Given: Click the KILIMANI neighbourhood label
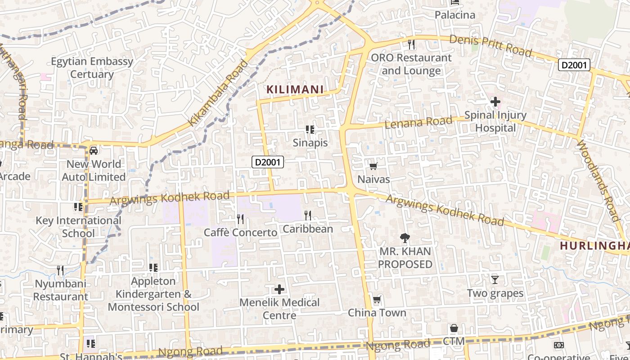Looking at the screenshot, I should click(295, 90).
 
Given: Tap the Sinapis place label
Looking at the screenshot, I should click(310, 143).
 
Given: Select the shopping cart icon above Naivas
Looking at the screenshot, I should click(373, 166).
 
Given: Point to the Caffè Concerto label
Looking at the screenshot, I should click(240, 233).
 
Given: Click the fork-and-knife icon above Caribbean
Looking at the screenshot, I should click(308, 216).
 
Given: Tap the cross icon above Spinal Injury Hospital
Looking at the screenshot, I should click(495, 102).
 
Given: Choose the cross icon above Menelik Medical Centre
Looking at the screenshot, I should click(279, 289).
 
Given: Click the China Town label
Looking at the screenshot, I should click(377, 313).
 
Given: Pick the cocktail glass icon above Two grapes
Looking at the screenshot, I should click(495, 279).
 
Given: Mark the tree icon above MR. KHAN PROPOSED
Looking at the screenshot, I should click(405, 238).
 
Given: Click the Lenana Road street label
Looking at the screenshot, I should click(418, 122).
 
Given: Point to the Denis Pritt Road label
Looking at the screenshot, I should click(490, 45).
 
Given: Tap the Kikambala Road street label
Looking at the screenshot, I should click(218, 93).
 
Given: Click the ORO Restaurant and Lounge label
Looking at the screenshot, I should click(411, 64).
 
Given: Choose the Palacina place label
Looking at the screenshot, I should click(455, 15).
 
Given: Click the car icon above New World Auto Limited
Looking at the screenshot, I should click(94, 150).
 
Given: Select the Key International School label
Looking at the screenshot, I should click(78, 227).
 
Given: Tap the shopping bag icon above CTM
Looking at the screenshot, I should click(454, 328).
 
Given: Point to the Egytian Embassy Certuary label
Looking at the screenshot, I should click(92, 67).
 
